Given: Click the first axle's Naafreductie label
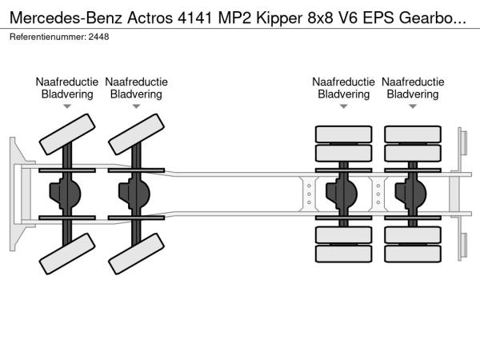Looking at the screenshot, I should pyautogui.click(x=67, y=82).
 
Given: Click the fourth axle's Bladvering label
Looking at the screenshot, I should pyautogui.click(x=413, y=94).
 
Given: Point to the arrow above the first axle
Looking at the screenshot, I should pyautogui.click(x=67, y=106).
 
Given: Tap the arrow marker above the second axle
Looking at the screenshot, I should pyautogui.click(x=136, y=106).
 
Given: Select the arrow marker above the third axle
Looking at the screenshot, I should pyautogui.click(x=344, y=106).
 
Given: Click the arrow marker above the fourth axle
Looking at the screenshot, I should pyautogui.click(x=413, y=106).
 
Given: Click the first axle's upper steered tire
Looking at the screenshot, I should pyautogui.click(x=67, y=134).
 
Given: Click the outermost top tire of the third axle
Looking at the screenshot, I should pyautogui.click(x=344, y=134).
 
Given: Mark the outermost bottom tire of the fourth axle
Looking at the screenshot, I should pyautogui.click(x=413, y=256).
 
